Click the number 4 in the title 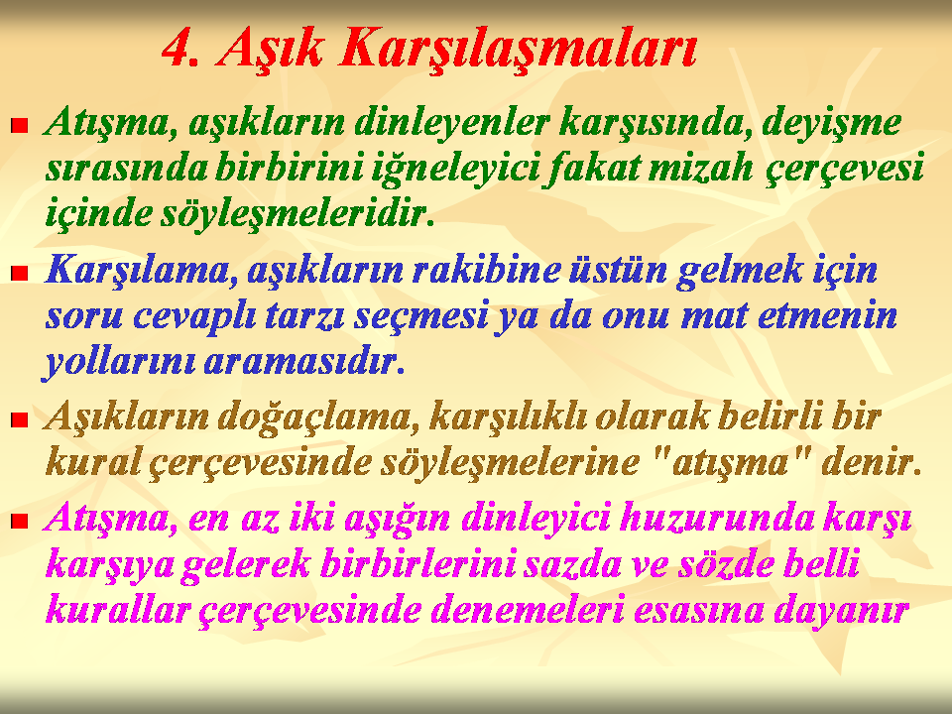pyautogui.click(x=181, y=48)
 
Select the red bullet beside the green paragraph pyautogui.click(x=20, y=126)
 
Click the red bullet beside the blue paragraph pyautogui.click(x=20, y=274)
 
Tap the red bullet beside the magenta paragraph pyautogui.click(x=20, y=521)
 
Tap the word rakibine pyautogui.click(x=486, y=270)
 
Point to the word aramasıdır pyautogui.click(x=304, y=362)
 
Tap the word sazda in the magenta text pyautogui.click(x=572, y=564)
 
